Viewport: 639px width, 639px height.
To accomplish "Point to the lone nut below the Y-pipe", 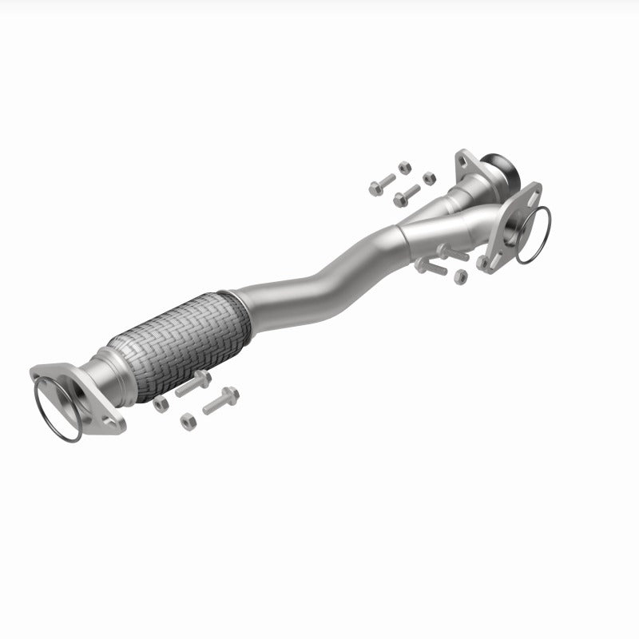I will [460, 276].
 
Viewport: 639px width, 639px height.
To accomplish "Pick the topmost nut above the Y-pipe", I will [404, 168].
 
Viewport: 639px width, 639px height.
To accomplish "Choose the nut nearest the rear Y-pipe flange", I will [429, 177].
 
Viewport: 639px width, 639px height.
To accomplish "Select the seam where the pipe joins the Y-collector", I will [400, 232].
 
